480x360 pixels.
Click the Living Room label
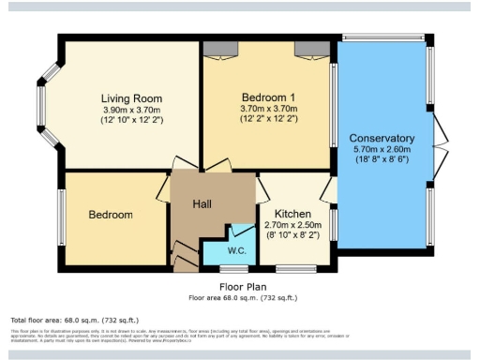click(x=132, y=98)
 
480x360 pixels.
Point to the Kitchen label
click(x=292, y=214)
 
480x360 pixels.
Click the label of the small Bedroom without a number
click(x=111, y=215)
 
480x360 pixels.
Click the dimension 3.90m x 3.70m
click(x=132, y=110)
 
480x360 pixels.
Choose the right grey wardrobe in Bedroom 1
click(x=307, y=49)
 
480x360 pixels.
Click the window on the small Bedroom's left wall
click(x=64, y=215)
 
